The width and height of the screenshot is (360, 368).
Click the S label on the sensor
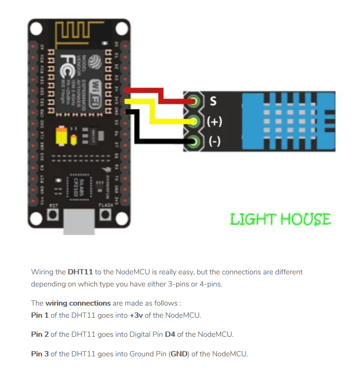pyautogui.click(x=213, y=101)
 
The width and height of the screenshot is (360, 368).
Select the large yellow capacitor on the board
pyautogui.click(x=61, y=136)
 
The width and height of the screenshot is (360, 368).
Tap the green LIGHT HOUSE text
pyautogui.click(x=280, y=219)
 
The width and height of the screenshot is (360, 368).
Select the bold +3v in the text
pyautogui.click(x=136, y=315)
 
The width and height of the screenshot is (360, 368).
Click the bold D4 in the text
pyautogui.click(x=170, y=334)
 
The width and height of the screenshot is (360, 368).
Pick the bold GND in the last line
pyautogui.click(x=179, y=354)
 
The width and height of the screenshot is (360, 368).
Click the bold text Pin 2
pyautogui.click(x=40, y=334)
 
